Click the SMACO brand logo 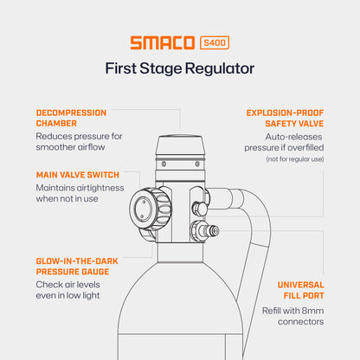point(163,42)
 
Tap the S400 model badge point(215,42)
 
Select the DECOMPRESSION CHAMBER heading point(71,119)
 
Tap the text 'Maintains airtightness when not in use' point(80,194)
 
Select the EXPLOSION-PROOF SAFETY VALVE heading point(285,119)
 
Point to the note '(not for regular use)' point(294,158)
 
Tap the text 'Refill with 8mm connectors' point(292,316)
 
